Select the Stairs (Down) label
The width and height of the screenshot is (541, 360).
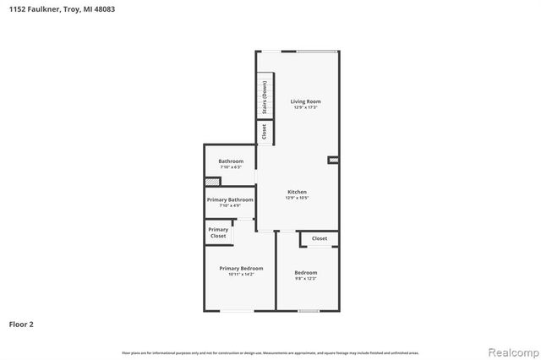[265, 98]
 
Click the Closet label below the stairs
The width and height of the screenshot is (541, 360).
[264, 132]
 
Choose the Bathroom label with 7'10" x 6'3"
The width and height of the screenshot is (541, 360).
[231, 161]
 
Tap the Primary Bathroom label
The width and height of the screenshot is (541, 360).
[230, 199]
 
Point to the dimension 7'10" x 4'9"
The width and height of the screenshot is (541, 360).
[230, 205]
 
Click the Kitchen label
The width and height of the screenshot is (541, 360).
[297, 192]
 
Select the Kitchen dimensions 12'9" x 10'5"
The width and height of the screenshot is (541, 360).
[297, 198]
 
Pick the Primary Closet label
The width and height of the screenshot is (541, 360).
[218, 232]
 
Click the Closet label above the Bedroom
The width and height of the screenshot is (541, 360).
[320, 238]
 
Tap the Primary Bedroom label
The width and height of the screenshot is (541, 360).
[241, 269]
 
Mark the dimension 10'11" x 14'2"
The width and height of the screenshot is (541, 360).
[241, 275]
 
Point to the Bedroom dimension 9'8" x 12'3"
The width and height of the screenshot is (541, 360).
[305, 278]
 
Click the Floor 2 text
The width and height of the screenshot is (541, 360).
[21, 324]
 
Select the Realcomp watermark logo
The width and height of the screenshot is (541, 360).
[510, 351]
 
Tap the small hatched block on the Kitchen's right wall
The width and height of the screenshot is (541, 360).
[333, 159]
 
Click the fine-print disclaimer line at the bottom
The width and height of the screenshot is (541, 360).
[270, 352]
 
